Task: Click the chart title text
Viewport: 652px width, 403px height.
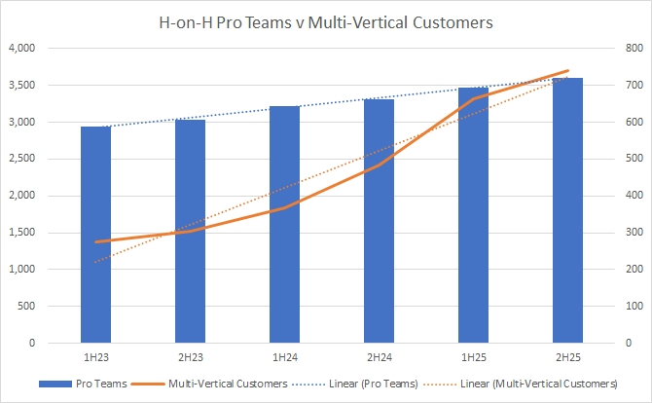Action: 326,21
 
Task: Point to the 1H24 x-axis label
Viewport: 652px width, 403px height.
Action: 284,357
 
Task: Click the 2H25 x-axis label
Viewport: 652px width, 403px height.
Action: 568,357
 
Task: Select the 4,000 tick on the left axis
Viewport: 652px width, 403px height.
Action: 21,48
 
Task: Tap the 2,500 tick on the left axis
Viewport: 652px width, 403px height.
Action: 21,159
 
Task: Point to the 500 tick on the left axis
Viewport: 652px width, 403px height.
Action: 27,307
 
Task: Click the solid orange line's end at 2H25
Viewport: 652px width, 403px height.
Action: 568,71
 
